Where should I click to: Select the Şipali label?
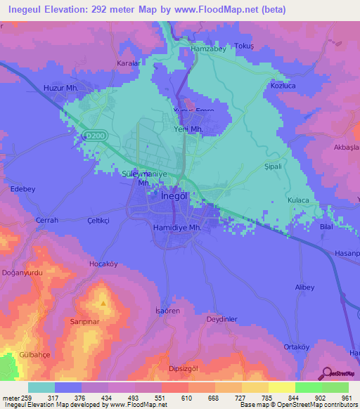pos(272,167)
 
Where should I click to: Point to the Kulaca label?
pos(299,200)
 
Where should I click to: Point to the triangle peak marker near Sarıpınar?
pos(103,303)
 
